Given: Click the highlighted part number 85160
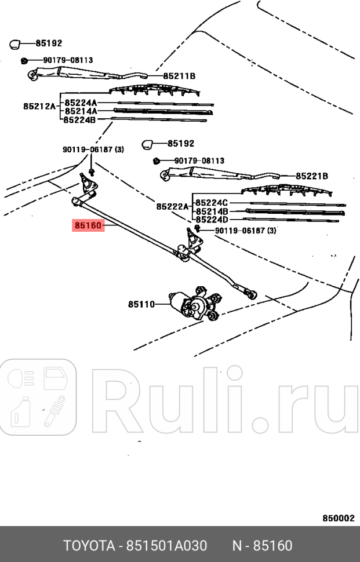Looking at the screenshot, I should (88, 225).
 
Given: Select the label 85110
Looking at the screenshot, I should (141, 304).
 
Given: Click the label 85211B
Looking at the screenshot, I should (179, 76).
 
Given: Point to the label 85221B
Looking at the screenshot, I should (312, 176).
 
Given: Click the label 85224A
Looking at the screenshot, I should (81, 102).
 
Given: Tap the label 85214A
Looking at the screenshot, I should (81, 111).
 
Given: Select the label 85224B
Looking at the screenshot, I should (81, 120).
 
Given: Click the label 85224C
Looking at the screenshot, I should (212, 203).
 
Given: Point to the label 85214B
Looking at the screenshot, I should (212, 211).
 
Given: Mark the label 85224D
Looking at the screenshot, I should (212, 220).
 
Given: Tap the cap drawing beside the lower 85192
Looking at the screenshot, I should (148, 143).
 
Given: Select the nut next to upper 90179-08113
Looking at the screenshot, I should (24, 60).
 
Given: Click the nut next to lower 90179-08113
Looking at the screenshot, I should (156, 160).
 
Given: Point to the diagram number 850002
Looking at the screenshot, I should (338, 519).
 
